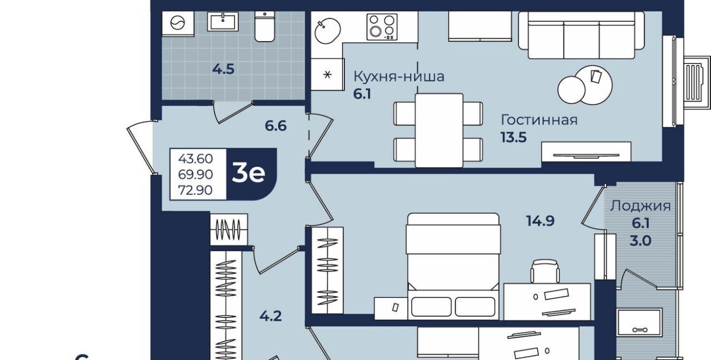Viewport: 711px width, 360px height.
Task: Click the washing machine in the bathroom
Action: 178,23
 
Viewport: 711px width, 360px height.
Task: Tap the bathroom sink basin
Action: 223,21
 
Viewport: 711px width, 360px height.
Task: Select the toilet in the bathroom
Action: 265,27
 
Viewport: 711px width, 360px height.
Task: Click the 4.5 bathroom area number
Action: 223,69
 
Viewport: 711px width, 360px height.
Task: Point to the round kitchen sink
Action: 328,31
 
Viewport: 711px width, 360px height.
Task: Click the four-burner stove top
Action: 382,27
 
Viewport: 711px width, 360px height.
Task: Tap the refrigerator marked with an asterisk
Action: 327,74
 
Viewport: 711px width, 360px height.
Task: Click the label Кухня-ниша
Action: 399,77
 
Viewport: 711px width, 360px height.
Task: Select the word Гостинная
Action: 539,120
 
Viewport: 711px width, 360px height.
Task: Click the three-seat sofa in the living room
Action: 582,35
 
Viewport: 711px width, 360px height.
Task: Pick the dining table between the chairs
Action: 439,130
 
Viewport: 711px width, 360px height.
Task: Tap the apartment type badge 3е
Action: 248,173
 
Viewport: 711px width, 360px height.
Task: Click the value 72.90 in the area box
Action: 195,190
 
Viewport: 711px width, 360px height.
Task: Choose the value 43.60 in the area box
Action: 195,159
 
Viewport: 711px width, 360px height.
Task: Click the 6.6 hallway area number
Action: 276,126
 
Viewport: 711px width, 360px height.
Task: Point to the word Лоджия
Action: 640,206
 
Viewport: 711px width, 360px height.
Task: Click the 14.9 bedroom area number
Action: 540,221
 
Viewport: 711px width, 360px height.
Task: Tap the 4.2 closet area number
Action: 271,316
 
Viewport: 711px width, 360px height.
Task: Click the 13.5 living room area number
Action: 514,137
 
